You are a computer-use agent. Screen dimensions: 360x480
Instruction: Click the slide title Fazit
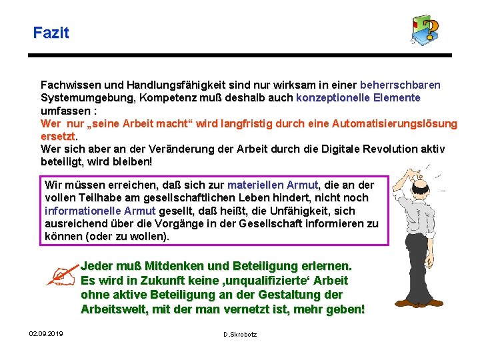[x=51, y=32]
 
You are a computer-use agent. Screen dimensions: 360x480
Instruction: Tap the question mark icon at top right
[x=426, y=31]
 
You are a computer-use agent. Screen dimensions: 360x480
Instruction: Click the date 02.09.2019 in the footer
[x=46, y=333]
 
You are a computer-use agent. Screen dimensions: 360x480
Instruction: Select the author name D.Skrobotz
[x=240, y=334]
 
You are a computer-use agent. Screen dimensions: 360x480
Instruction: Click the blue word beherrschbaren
[x=400, y=85]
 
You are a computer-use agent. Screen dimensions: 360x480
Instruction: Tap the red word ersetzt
[x=58, y=136]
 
